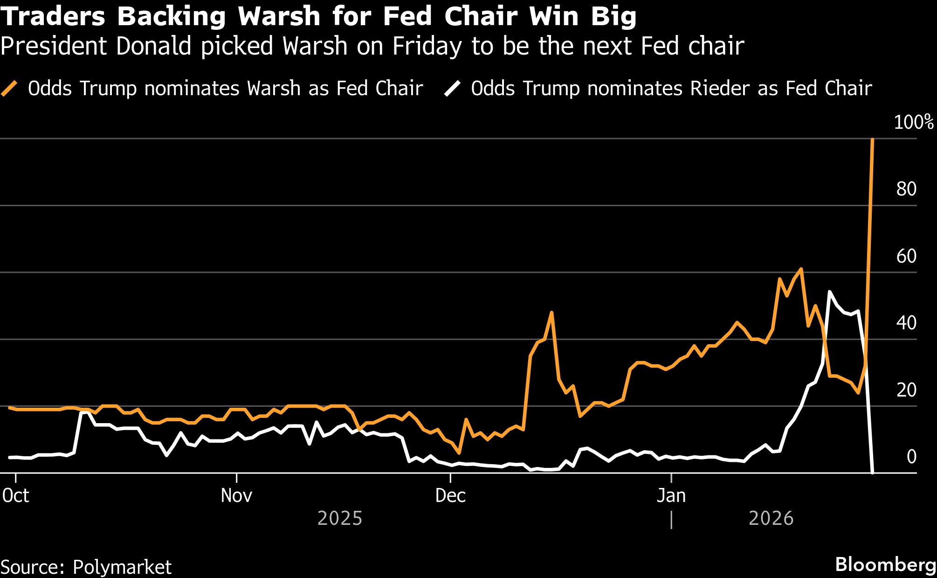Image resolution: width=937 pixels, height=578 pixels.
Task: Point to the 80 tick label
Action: [x=906, y=189]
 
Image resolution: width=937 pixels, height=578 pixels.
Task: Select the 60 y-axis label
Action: [x=906, y=256]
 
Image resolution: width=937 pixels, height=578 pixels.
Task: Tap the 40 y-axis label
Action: [x=906, y=323]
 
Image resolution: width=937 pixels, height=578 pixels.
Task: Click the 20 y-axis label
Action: [x=906, y=390]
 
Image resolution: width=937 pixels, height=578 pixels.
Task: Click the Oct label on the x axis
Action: [x=16, y=495]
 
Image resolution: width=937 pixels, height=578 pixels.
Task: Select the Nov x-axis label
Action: [x=236, y=495]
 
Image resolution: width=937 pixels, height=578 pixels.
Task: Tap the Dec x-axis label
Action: [x=450, y=495]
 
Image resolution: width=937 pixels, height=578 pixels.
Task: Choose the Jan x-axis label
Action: [x=671, y=495]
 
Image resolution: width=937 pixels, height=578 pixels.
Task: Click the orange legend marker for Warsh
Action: [x=9, y=88]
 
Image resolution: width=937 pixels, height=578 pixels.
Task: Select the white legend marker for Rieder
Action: [x=452, y=88]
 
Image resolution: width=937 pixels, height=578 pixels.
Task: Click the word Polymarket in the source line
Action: [x=122, y=567]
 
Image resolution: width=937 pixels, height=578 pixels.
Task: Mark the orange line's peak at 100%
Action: [x=872, y=139]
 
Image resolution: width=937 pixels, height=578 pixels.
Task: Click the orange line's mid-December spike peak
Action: [x=551, y=312]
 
